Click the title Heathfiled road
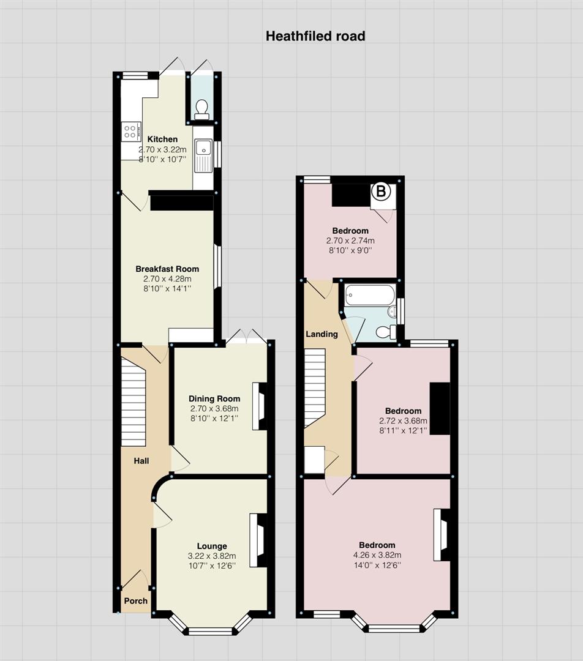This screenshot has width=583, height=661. [x=315, y=36]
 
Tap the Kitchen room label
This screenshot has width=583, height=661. [x=162, y=139]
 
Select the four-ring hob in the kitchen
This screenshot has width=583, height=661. [x=130, y=131]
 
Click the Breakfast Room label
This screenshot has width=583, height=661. [x=167, y=269]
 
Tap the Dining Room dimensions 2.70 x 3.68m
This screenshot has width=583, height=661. [x=214, y=408]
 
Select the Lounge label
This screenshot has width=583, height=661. [x=212, y=547]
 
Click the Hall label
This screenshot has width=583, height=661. [x=141, y=461]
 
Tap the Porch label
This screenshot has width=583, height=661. [x=136, y=601]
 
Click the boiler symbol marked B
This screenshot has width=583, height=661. [x=381, y=192]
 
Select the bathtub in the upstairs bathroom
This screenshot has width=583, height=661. [x=370, y=295]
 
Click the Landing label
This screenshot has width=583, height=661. [x=322, y=334]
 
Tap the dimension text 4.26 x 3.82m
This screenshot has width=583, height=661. [x=377, y=555]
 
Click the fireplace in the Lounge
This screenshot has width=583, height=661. [x=258, y=540]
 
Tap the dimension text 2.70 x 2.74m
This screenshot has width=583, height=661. [x=350, y=241]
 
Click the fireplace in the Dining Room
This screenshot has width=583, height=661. [x=260, y=406]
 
